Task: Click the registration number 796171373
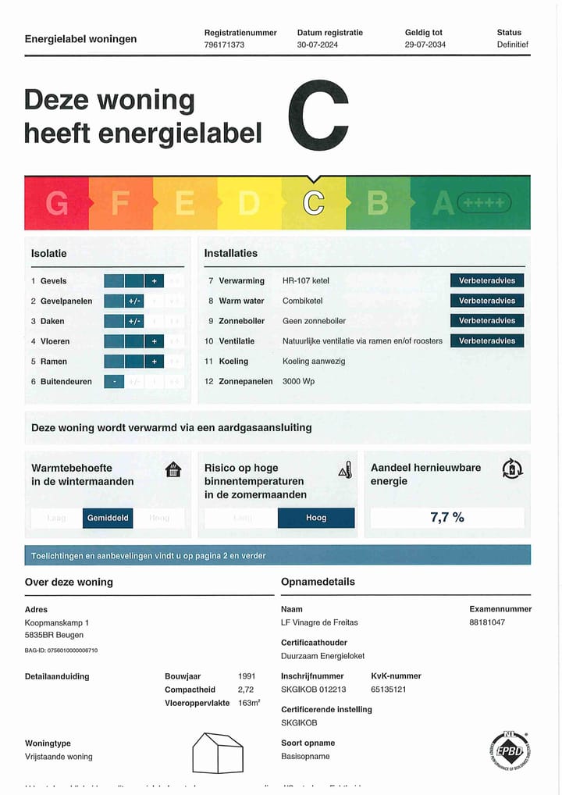click(224, 45)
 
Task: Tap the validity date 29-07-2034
click(426, 45)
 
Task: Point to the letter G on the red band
click(56, 203)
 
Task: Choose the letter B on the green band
click(378, 203)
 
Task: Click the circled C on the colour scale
click(314, 203)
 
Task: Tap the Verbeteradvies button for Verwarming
click(487, 280)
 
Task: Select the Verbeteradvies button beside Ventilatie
click(487, 340)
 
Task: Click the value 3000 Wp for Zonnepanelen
click(298, 382)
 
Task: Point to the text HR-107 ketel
click(308, 280)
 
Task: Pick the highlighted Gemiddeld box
click(108, 518)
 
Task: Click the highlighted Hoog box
click(316, 518)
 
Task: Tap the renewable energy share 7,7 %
click(447, 517)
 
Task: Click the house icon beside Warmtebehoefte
click(173, 469)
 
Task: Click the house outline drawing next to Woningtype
click(219, 752)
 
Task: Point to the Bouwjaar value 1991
click(247, 676)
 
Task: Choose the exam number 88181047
click(487, 622)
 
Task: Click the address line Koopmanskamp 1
click(57, 622)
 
